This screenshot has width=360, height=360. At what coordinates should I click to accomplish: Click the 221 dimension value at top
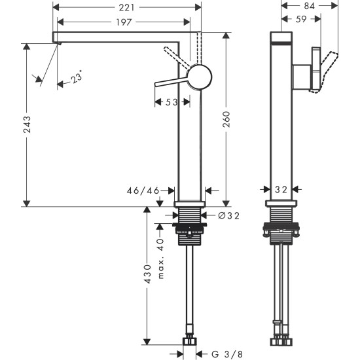[126, 7]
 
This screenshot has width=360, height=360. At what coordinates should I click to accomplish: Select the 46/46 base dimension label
[143, 190]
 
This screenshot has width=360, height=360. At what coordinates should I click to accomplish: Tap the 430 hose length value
[148, 274]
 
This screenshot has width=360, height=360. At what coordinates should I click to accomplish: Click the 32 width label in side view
[281, 190]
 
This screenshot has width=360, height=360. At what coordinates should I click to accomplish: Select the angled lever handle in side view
[324, 70]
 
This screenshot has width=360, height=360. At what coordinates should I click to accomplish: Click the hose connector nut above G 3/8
[190, 340]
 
